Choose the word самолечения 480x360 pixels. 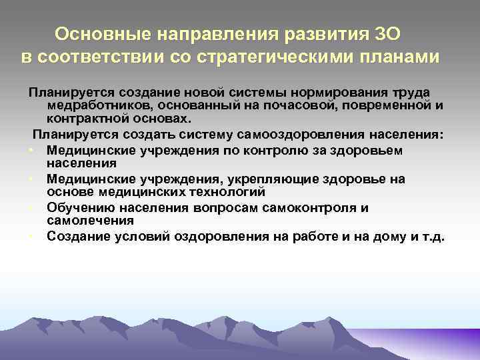coord(85,221)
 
